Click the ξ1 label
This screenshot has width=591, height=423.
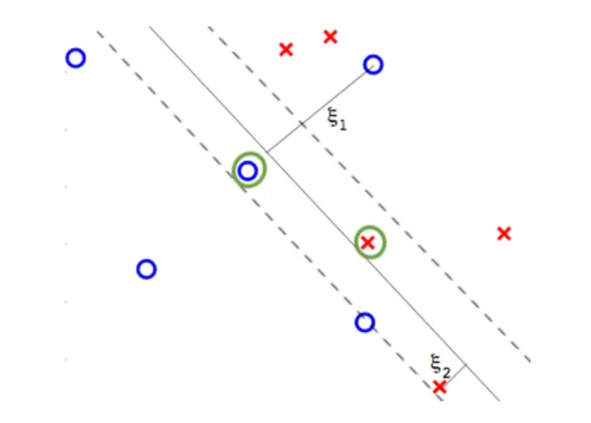338,119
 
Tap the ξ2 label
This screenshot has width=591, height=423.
440,367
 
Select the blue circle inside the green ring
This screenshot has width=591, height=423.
248,171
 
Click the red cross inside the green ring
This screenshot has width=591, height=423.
368,243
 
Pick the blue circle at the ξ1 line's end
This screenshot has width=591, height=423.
372,65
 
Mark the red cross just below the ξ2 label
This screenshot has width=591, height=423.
439,387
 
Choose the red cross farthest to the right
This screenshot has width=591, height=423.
504,232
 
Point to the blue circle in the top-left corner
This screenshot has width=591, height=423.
76,58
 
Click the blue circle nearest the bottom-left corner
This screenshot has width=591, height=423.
146,269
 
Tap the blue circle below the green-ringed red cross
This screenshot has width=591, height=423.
365,323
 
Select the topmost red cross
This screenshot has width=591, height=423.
331,36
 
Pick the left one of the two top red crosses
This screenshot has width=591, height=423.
286,49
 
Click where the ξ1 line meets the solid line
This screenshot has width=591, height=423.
266,152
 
